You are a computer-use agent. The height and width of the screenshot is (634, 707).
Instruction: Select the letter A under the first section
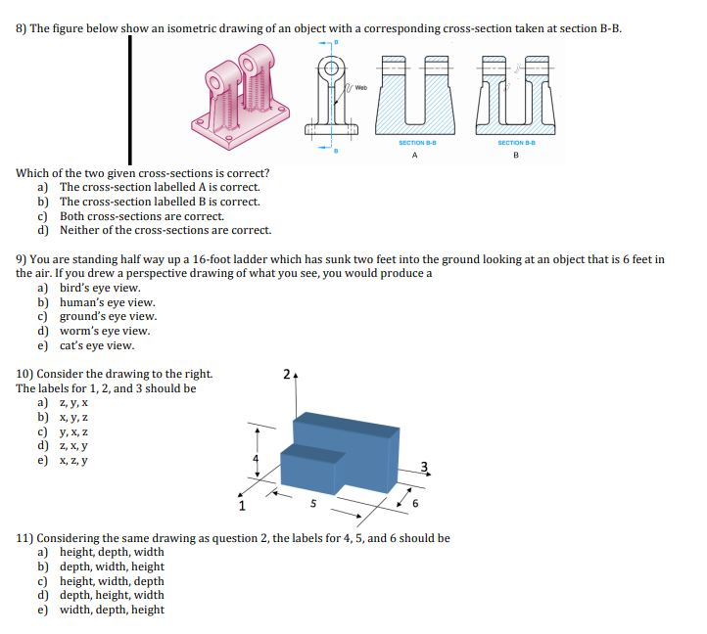pos(414,154)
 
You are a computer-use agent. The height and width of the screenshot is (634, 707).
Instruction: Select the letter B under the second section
pos(515,154)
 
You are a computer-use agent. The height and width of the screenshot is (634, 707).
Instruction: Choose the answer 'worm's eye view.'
pos(104,331)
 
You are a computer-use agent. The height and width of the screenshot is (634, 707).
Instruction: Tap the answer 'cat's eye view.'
pos(97,345)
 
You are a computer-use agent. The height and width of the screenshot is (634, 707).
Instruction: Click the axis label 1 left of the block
pos(241,507)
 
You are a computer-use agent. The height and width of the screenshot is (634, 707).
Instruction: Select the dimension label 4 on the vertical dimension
pos(258,458)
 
